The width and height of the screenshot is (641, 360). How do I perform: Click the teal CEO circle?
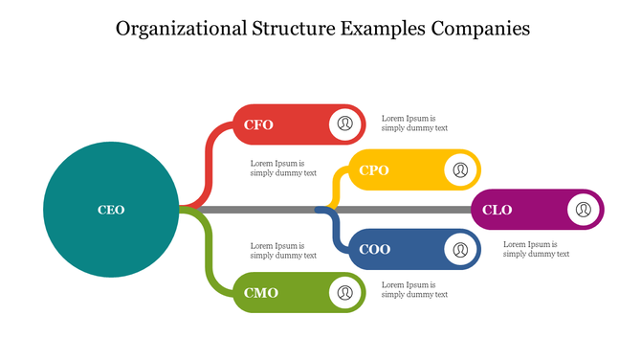tap(111, 210)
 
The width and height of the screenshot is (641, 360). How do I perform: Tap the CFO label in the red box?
tap(258, 124)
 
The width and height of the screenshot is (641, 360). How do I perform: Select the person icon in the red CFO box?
tap(345, 124)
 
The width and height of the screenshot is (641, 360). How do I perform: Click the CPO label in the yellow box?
tap(373, 170)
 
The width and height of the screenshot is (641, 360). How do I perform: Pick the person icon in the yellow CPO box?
tap(460, 170)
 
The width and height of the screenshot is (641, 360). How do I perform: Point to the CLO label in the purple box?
tap(497, 210)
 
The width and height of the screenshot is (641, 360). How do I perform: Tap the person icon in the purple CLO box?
tap(583, 210)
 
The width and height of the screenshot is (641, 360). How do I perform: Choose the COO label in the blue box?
tap(374, 250)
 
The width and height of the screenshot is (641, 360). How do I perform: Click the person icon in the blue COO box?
tap(460, 250)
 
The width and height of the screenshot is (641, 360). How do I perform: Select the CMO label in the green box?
tap(260, 293)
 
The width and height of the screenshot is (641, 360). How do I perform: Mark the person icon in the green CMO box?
tap(345, 292)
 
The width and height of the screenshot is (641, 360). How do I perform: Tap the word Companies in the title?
tap(477, 29)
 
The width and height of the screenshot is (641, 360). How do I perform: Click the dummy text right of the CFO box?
tap(414, 124)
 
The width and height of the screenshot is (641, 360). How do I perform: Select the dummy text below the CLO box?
tap(536, 249)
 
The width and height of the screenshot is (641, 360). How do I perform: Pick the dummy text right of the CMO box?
tap(414, 289)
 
